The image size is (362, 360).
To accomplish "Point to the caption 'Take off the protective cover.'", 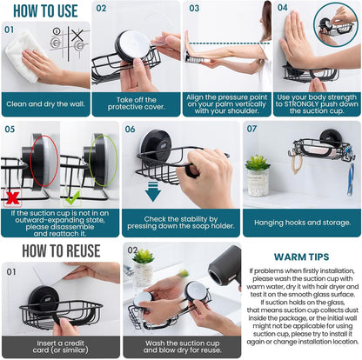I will pyautogui.click(x=136, y=105).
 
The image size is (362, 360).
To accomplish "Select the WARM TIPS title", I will pyautogui.click(x=302, y=257).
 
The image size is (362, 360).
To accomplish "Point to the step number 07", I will pyautogui.click(x=251, y=129).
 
